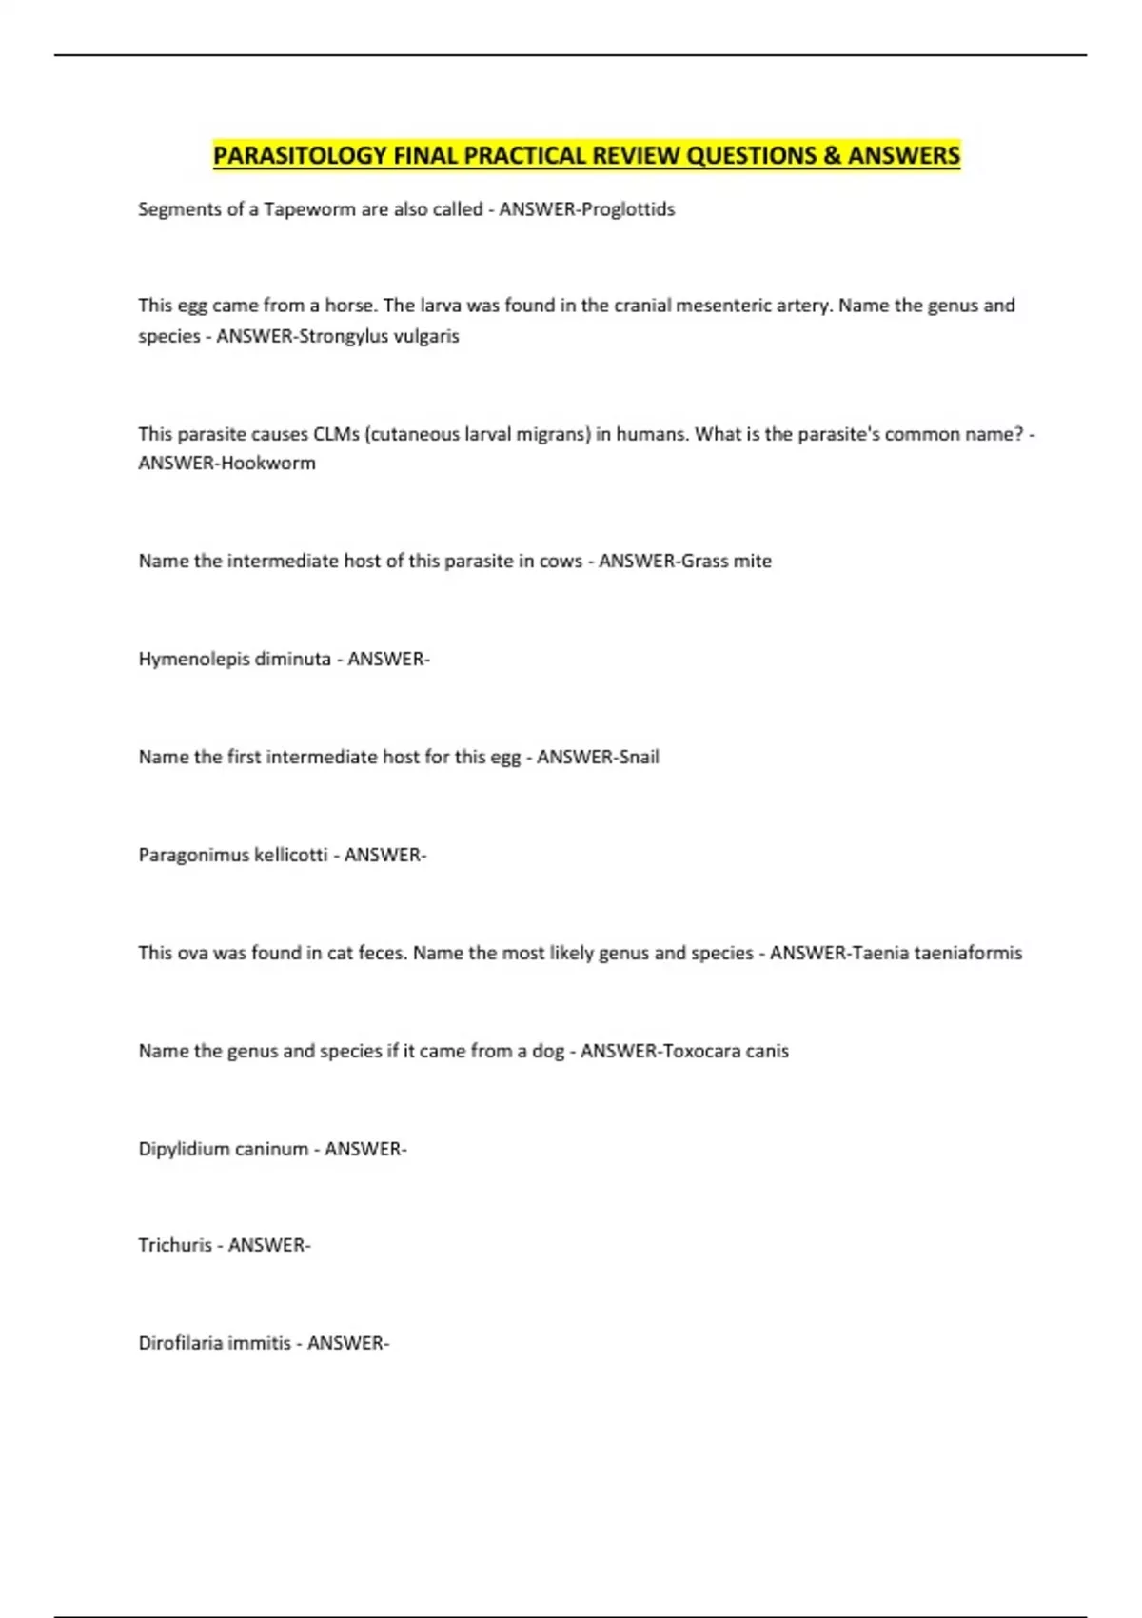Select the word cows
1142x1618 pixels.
[561, 562]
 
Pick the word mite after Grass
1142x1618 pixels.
[752, 562]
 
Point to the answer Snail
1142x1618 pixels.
[639, 757]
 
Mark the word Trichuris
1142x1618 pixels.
[174, 1245]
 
